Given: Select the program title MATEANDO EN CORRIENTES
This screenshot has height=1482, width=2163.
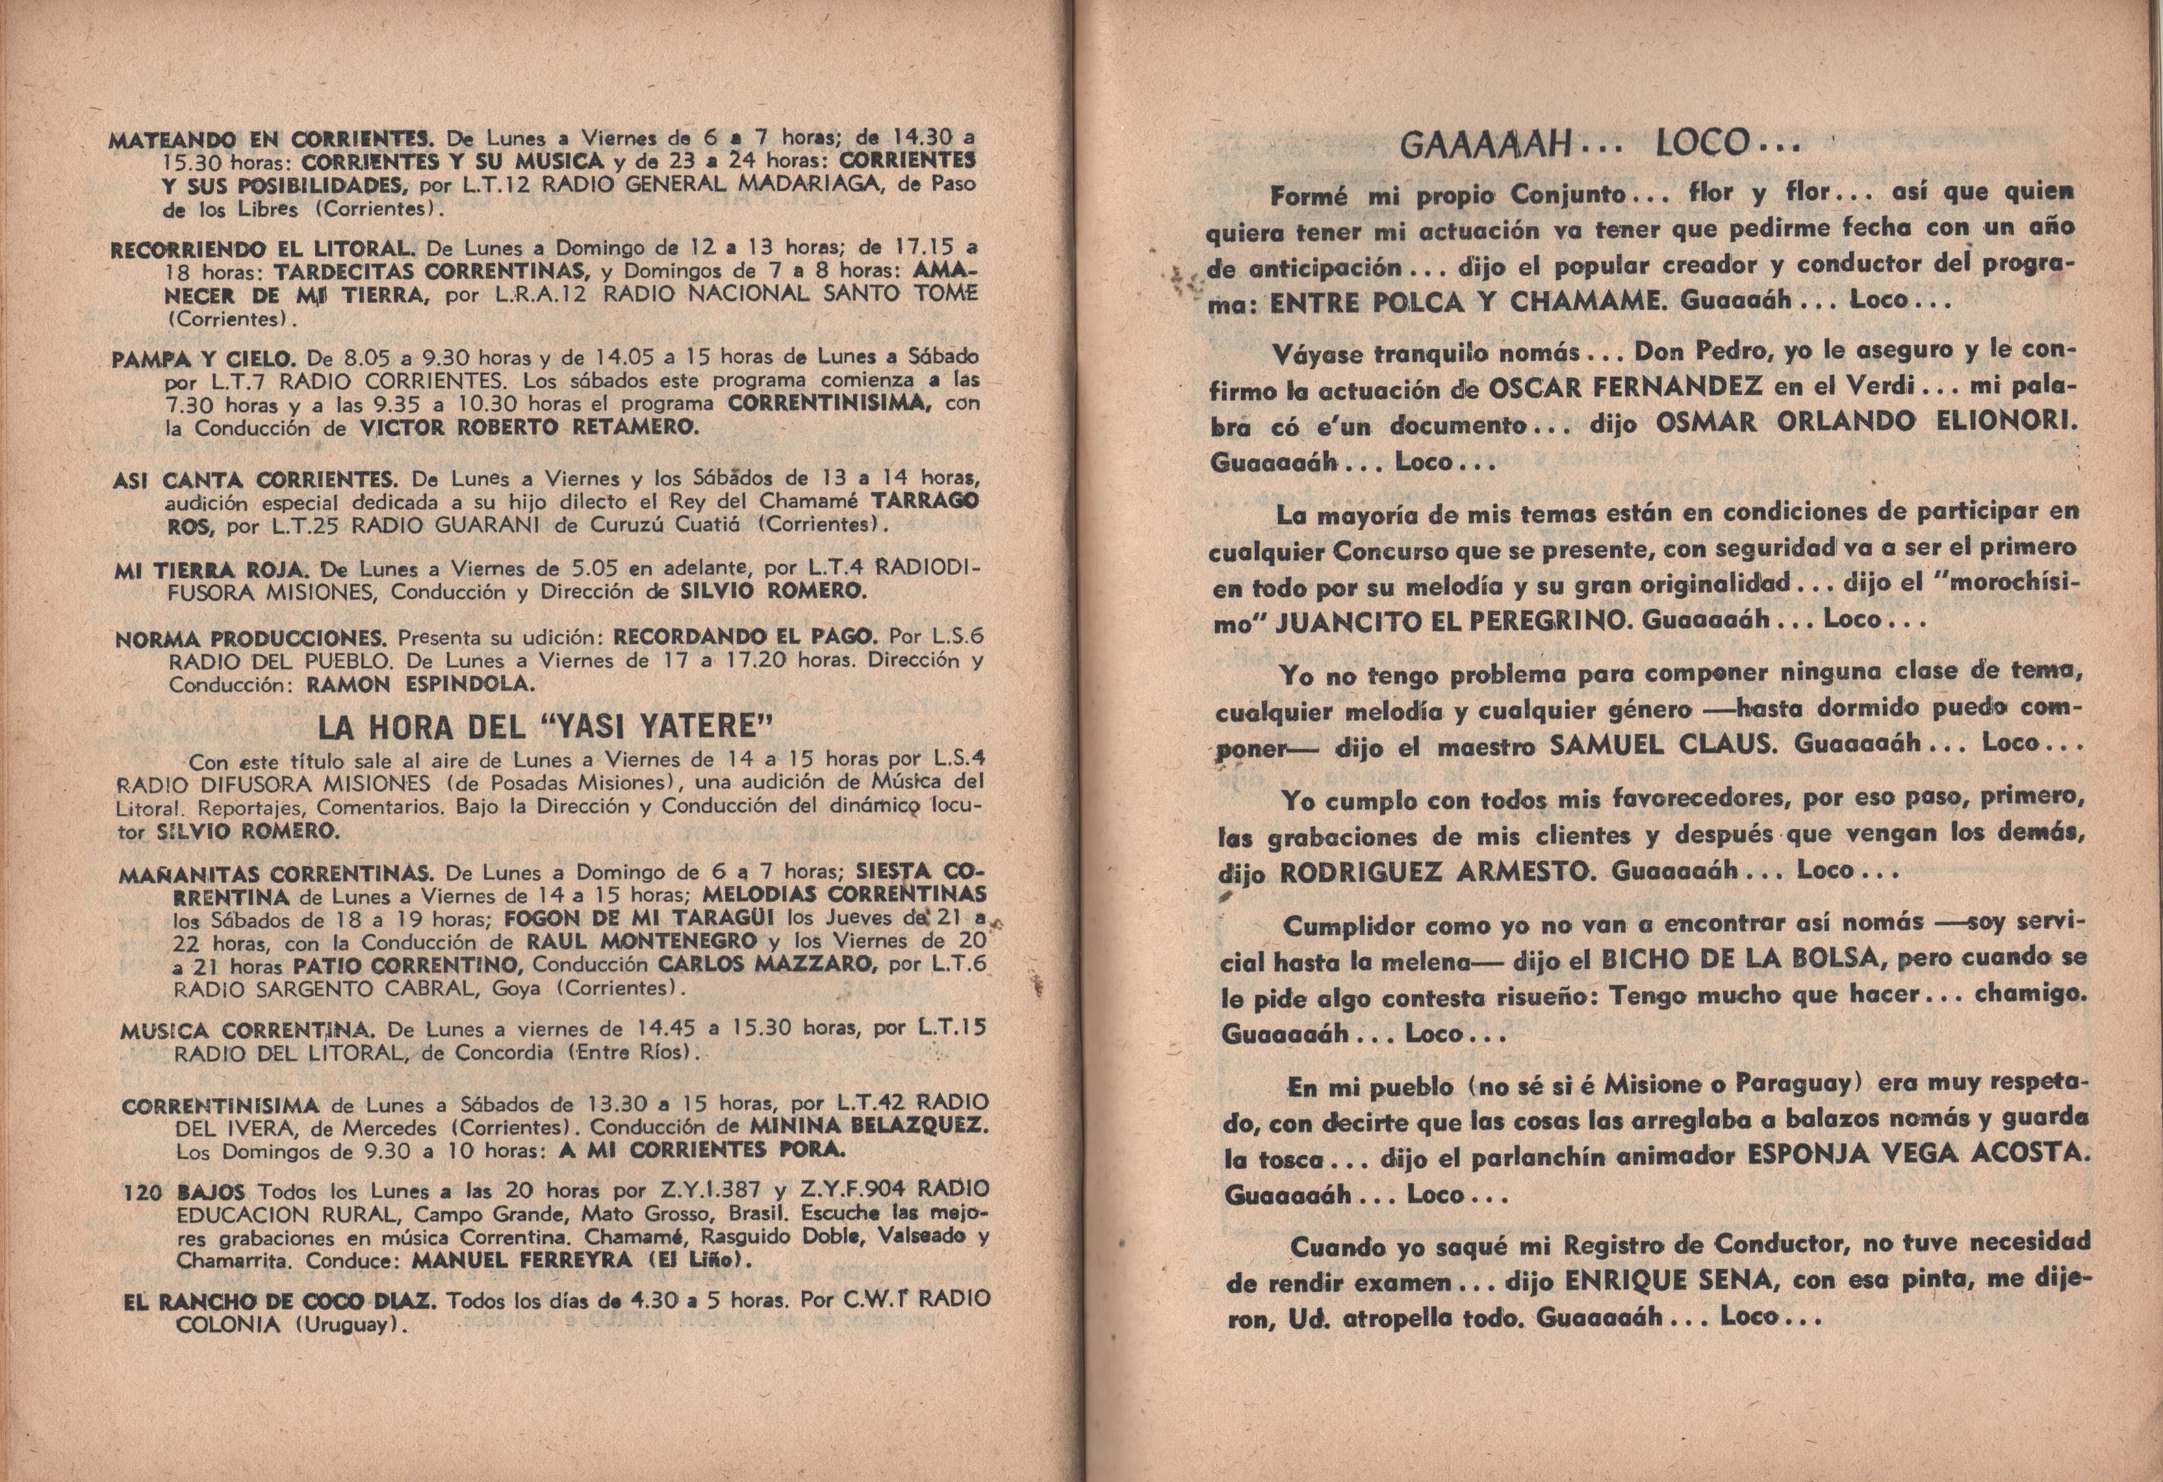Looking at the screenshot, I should point(272,140).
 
